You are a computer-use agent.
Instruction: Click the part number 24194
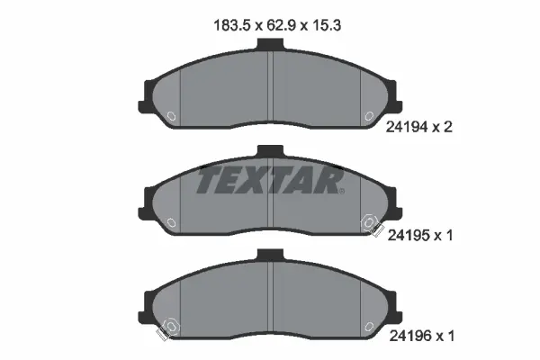click(406, 128)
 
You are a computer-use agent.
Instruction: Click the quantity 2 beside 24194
click(447, 128)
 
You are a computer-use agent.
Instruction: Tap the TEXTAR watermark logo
click(271, 180)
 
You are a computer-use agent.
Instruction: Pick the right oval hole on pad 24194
click(369, 116)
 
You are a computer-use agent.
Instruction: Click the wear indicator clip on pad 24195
click(369, 225)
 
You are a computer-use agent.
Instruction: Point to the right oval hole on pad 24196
click(369, 323)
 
